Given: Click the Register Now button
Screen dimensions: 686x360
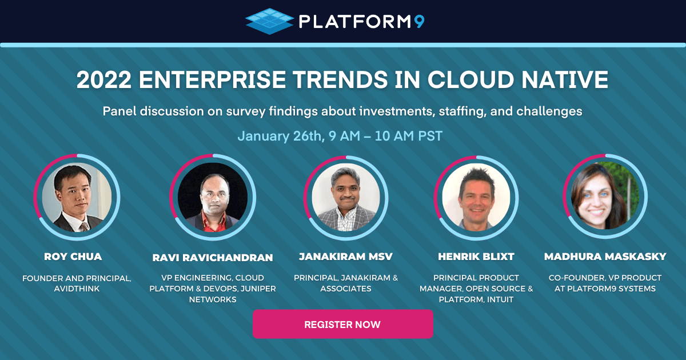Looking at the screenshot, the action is pos(342,324).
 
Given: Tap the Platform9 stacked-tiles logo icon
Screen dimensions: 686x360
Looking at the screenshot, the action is pos(269,21).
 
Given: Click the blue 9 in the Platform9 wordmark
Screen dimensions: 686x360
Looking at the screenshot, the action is pos(419,22).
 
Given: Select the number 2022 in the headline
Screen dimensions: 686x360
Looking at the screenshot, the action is pos(104,79).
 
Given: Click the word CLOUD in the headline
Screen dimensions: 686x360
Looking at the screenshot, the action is pos(470,79).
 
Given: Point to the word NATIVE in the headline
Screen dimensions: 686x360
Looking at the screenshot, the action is pos(565,79).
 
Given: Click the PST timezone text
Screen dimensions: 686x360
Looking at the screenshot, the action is pos(430,136).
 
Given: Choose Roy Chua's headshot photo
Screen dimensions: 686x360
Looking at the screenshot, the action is pos(77,197).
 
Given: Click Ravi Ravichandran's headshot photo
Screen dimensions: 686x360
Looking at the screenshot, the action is pos(213,197).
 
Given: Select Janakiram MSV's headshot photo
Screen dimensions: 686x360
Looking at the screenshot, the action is pos(346,198).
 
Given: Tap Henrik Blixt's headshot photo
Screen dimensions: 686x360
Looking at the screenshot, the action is pos(476,198).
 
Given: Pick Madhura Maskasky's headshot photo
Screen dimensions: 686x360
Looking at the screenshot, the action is pos(605,196).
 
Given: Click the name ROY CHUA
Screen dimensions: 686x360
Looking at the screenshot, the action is pos(73,257).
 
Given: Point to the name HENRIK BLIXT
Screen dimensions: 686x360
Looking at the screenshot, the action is pos(476,257).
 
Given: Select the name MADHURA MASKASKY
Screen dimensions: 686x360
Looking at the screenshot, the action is pos(605,257).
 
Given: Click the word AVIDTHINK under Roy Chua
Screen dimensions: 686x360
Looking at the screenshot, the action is pos(77,289).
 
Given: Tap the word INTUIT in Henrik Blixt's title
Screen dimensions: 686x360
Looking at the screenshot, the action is pos(500,299).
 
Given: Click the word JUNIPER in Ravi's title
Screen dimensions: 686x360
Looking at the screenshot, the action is pos(258,289).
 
